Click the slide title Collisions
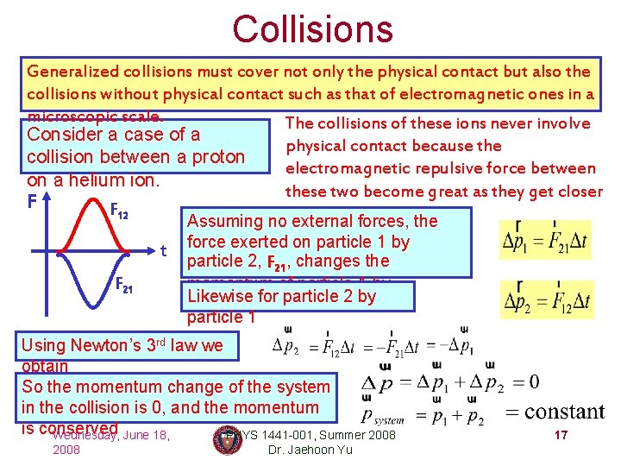pyautogui.click(x=312, y=29)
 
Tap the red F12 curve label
pyautogui.click(x=119, y=211)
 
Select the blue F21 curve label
pyautogui.click(x=126, y=286)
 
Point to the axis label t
pyautogui.click(x=164, y=251)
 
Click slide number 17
pyautogui.click(x=561, y=436)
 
